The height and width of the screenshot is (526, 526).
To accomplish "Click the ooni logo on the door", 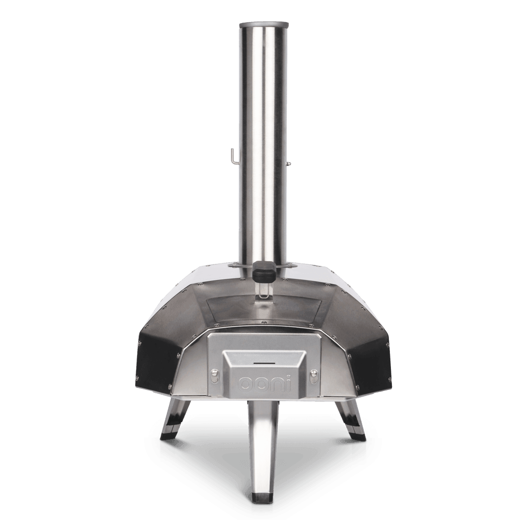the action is pos(265,384).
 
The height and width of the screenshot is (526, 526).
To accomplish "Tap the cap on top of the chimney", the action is pos(264,25).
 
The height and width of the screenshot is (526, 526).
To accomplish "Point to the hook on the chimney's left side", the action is pos(235,157).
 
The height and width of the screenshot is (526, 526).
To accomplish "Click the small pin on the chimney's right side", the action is pos(288,163).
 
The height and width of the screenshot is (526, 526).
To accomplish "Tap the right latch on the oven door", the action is pos(314,376).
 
